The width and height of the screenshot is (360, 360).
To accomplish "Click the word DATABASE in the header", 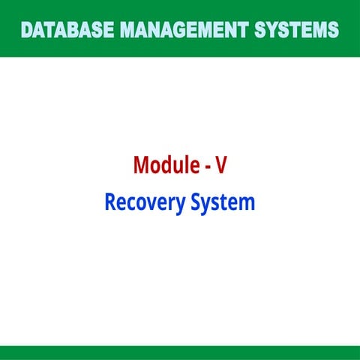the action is click(67, 30).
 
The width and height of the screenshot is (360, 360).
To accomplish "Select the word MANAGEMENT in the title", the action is click(184, 30).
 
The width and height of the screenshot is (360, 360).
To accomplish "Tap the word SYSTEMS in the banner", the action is click(296, 30).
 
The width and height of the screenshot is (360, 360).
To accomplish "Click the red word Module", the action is click(166, 164).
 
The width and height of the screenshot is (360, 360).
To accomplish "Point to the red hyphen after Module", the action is click(208, 166).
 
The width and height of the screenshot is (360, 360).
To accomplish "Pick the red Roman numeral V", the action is click(221, 165).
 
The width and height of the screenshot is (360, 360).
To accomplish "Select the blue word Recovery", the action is click(145, 203).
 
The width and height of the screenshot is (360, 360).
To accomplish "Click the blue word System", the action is click(223, 203).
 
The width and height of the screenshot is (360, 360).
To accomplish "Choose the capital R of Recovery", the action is click(110, 202).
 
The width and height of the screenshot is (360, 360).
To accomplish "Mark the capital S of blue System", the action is click(196, 202).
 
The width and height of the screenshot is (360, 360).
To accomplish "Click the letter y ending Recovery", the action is click(180, 206).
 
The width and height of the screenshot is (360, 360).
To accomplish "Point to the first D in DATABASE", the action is click(28, 30).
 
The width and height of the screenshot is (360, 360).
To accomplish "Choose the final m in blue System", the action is click(247, 204).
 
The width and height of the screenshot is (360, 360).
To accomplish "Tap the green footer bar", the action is click(180, 353).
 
